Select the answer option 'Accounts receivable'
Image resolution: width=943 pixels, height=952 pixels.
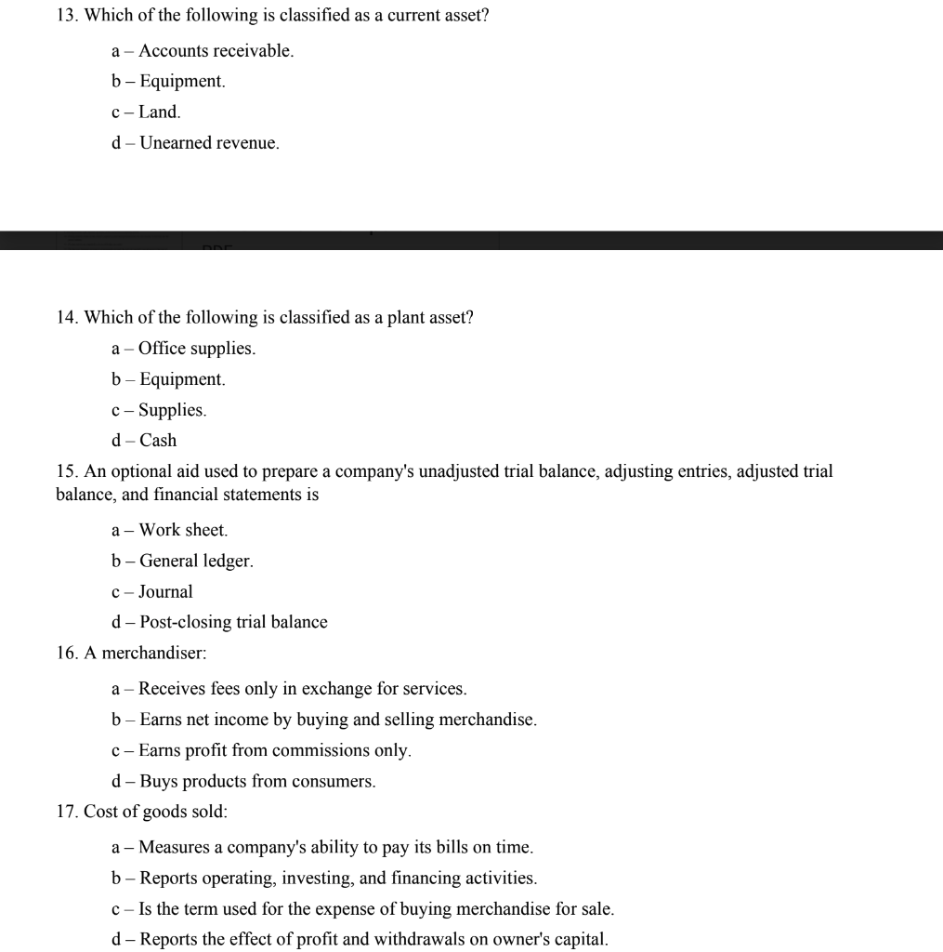pos(216,51)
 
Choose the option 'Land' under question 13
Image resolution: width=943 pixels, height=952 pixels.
pos(159,112)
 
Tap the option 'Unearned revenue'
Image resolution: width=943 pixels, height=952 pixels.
pos(208,143)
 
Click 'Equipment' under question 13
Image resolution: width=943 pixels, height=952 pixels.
pos(181,82)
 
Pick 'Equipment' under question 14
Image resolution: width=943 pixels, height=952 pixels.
pos(181,379)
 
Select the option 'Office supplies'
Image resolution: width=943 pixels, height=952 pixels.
pos(196,349)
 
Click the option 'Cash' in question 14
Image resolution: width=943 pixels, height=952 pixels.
pos(157,441)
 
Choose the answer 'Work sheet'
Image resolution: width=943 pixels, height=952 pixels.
pos(182,530)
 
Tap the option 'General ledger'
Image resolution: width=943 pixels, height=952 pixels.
pos(195,561)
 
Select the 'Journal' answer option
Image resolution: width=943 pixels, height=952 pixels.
pos(165,591)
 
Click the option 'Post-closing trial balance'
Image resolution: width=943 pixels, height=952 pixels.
pos(232,622)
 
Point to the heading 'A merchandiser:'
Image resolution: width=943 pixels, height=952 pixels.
pos(145,653)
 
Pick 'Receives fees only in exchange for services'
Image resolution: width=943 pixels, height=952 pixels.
pos(302,689)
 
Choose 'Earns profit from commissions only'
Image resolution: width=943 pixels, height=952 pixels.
pos(274,750)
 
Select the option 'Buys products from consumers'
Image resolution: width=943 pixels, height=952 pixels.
pos(257,781)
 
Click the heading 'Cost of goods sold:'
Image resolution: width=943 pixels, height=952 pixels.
pos(154,812)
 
